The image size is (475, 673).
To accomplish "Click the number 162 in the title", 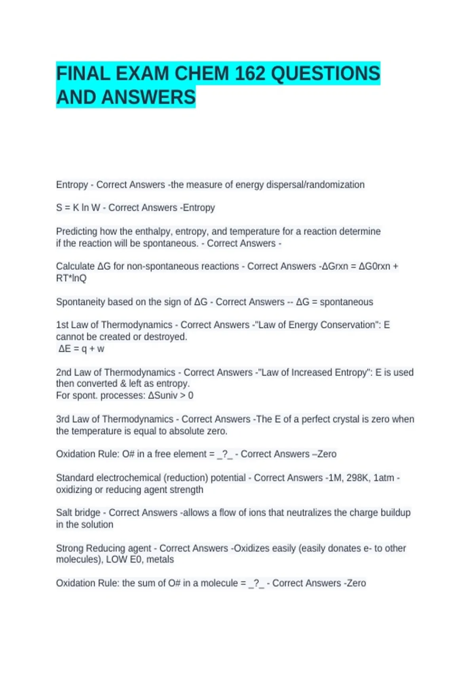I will point(250,74).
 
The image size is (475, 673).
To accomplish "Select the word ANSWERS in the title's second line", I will point(148,97).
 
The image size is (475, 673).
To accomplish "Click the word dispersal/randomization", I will point(315,185).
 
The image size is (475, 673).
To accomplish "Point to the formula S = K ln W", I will point(78,208).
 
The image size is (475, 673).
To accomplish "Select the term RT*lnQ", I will point(71,278).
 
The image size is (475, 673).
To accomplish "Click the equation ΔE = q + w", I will point(81,349).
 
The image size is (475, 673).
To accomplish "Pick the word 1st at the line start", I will point(62,325).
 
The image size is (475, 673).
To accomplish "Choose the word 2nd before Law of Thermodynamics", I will point(63,373).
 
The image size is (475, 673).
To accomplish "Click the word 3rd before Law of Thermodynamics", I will point(63,419).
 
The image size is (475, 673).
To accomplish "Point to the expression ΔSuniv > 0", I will point(171,395).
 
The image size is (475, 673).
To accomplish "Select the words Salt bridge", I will point(78,513).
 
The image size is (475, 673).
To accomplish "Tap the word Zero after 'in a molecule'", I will point(356,583).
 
